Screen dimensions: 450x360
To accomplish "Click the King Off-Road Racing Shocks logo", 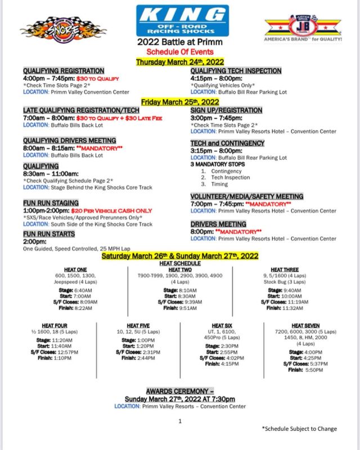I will coord(183,21).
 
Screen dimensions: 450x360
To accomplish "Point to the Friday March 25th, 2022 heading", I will coord(180,102).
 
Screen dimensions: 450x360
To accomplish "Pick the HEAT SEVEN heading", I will coord(305,326).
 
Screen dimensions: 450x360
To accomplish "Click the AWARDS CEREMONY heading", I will coord(179,390).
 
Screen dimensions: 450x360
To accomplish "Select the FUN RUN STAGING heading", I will coord(51,202).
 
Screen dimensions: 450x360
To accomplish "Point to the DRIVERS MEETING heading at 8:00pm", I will coord(218,224).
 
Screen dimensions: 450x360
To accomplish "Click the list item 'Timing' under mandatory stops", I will coord(219,184).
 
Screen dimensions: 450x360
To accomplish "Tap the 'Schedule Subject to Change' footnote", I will coord(299,429).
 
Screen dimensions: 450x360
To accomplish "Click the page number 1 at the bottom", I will coord(180,421).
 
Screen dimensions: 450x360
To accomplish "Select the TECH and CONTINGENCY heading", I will coord(227,143).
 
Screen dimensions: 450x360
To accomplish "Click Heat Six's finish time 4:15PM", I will coord(228,363).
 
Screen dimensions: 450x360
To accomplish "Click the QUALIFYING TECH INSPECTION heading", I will coord(236,71).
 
